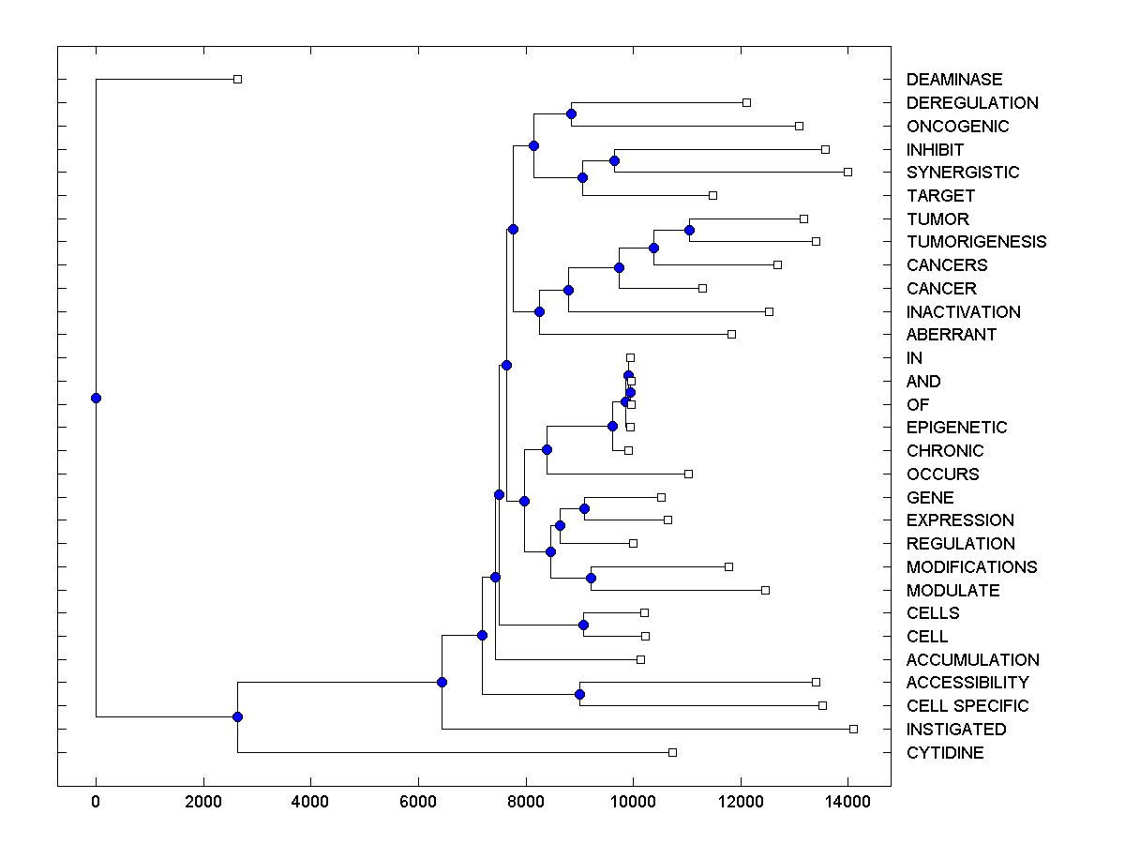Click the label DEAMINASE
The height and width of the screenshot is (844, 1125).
coord(953,80)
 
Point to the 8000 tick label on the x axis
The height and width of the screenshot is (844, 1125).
coord(525,802)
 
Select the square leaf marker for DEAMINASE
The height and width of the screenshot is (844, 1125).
coord(237,79)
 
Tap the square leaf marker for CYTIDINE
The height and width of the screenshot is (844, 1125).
coord(672,752)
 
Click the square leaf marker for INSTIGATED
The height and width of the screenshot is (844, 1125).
coord(853,729)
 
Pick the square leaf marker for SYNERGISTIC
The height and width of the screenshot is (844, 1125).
coord(847,172)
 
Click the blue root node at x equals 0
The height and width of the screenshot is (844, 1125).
coord(96,398)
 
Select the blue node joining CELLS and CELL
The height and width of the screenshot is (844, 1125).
coord(583,625)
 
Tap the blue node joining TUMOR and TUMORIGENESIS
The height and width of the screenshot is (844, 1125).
coord(689,230)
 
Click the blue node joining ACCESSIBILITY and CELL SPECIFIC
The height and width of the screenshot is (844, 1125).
coord(579,694)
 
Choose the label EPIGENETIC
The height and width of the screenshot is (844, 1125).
coord(956,428)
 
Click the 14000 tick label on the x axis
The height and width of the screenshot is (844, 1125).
coord(847,802)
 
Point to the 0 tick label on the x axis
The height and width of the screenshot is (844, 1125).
coord(96,802)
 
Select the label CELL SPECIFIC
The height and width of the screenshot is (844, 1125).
coord(967,706)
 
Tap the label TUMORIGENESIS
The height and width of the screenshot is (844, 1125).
coord(976,242)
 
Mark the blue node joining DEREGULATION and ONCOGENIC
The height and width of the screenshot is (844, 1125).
coord(571,113)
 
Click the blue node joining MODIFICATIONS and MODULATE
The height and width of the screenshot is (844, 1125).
coord(591,578)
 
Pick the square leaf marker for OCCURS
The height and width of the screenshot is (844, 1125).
coord(688,474)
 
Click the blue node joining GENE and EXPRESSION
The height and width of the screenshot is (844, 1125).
coord(584,508)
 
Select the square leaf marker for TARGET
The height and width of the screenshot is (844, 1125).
coord(712,195)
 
